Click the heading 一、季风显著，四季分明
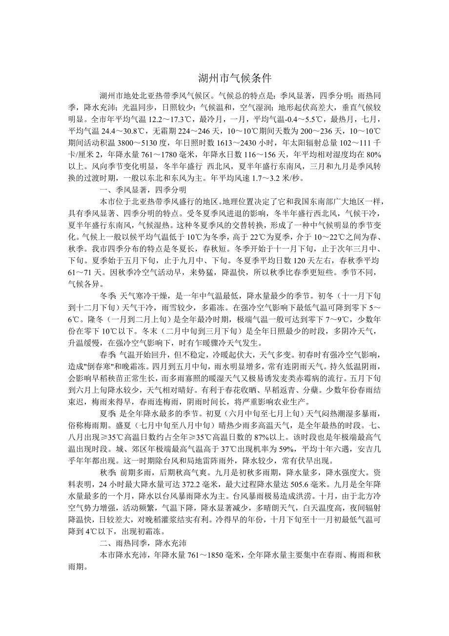pyautogui.click(x=143, y=190)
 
